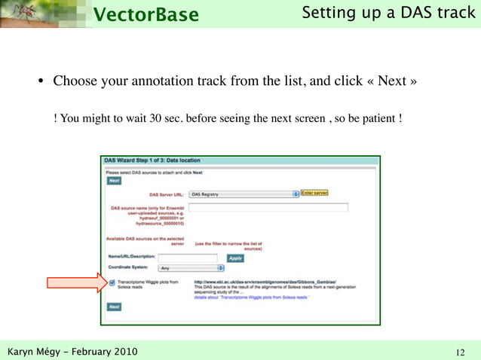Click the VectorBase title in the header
coord(146,14)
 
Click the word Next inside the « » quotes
coord(392,81)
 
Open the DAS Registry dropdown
coord(244,194)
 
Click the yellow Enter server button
coord(314,193)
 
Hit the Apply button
coord(235,258)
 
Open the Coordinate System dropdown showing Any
coord(191,267)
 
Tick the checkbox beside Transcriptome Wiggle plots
coord(112,283)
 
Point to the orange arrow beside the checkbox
coord(78,284)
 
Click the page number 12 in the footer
coord(461,352)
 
